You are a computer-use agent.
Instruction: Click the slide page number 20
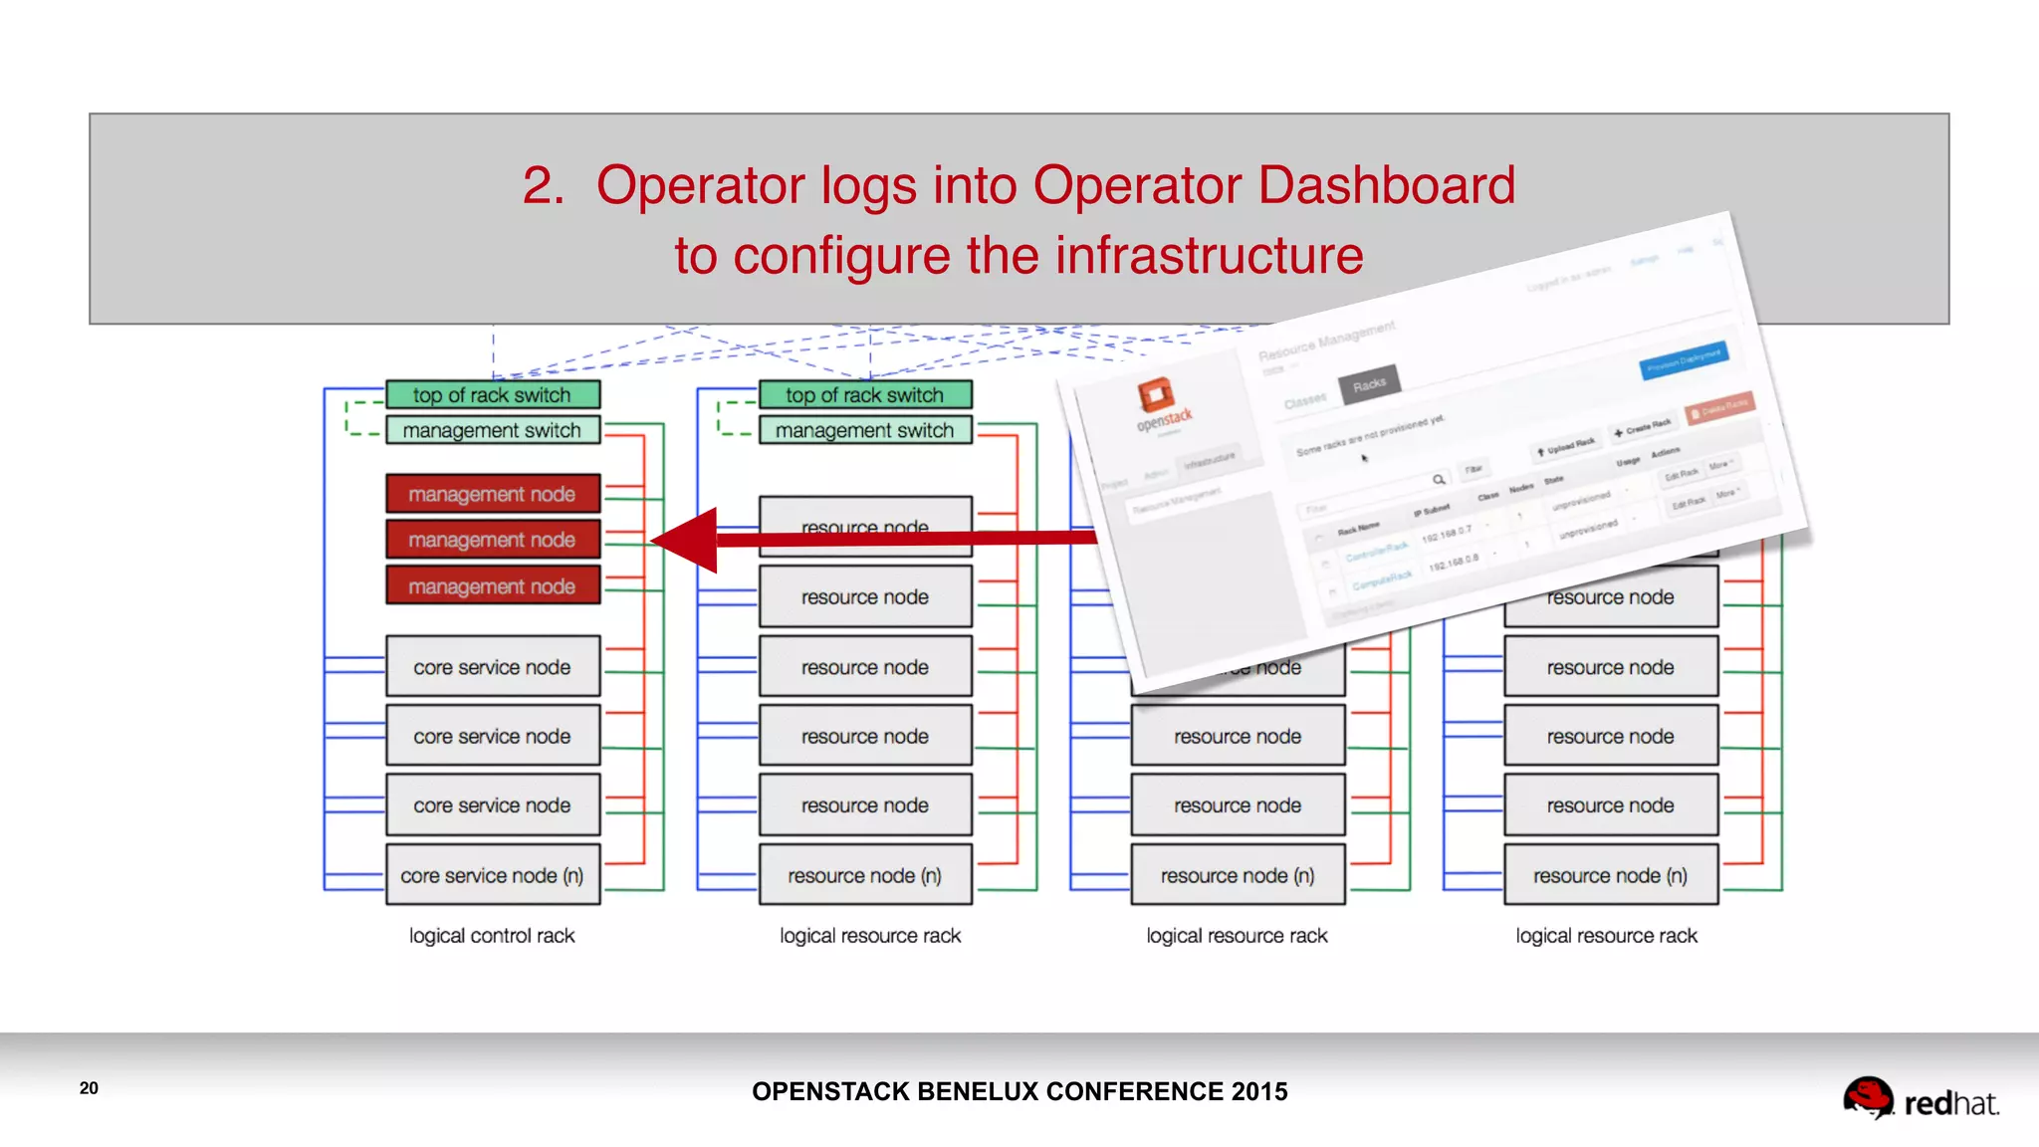tap(89, 1088)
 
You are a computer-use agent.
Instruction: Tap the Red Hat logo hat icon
tap(1867, 1096)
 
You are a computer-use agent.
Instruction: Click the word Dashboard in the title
tap(1386, 185)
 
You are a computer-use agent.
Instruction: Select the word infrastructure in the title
tap(1209, 256)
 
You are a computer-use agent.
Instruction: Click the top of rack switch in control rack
tap(493, 395)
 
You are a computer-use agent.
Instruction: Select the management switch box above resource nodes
tap(864, 430)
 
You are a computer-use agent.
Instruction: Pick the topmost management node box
tap(493, 494)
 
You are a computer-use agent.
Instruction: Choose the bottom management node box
tap(493, 586)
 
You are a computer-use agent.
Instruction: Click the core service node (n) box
tap(493, 875)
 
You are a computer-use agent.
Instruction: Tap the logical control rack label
tap(492, 936)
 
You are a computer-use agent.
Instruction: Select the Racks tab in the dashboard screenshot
tap(1369, 384)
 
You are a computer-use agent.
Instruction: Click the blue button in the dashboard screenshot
tap(1684, 359)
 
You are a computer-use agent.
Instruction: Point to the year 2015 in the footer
tap(1258, 1091)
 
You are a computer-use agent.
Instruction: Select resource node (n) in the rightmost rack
tap(1610, 875)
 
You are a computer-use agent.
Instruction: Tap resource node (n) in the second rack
tap(864, 875)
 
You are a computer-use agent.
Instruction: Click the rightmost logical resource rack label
tap(1606, 936)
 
